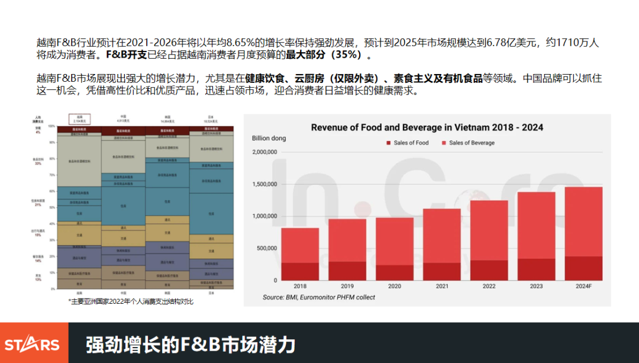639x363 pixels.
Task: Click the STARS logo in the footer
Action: (x=32, y=345)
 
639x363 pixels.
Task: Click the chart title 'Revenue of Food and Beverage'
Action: (x=427, y=127)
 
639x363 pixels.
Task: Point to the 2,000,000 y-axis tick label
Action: (x=264, y=152)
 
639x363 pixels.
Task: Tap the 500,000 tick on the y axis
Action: (x=266, y=248)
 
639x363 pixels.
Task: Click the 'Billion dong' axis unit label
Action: (x=269, y=139)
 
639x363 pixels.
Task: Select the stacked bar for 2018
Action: (x=300, y=254)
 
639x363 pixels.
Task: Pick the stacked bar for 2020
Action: (x=395, y=249)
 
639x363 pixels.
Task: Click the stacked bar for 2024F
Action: (x=583, y=233)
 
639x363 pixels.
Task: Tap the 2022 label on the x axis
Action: (x=489, y=286)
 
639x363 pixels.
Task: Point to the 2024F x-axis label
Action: (x=583, y=286)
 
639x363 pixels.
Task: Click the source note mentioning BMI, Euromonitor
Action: (x=319, y=297)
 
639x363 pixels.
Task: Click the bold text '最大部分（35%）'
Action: (x=328, y=56)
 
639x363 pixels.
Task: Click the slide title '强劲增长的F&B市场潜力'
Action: (x=190, y=344)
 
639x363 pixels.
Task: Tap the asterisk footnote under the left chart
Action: (x=131, y=301)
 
